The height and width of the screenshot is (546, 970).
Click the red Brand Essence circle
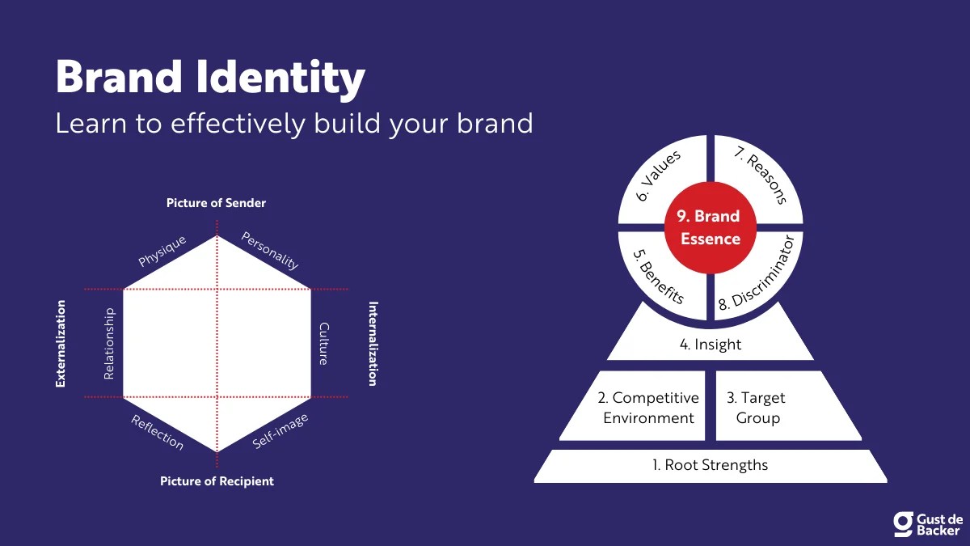point(710,227)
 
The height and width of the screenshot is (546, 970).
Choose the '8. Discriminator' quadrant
point(760,272)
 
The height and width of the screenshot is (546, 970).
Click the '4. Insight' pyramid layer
point(710,344)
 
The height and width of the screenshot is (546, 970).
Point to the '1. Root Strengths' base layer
point(710,465)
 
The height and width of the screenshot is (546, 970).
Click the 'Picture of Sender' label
point(216,203)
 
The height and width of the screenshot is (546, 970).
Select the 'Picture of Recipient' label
point(217,481)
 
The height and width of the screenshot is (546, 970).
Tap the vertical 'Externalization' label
point(61,344)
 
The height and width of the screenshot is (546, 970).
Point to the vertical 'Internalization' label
point(373,344)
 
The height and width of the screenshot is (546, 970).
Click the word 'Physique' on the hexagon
point(162,251)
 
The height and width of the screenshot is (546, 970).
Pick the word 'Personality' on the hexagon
point(270,251)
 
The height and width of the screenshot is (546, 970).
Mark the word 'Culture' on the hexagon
point(323,344)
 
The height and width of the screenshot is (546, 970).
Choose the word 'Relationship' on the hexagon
point(110,344)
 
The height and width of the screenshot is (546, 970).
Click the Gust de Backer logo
point(927,523)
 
